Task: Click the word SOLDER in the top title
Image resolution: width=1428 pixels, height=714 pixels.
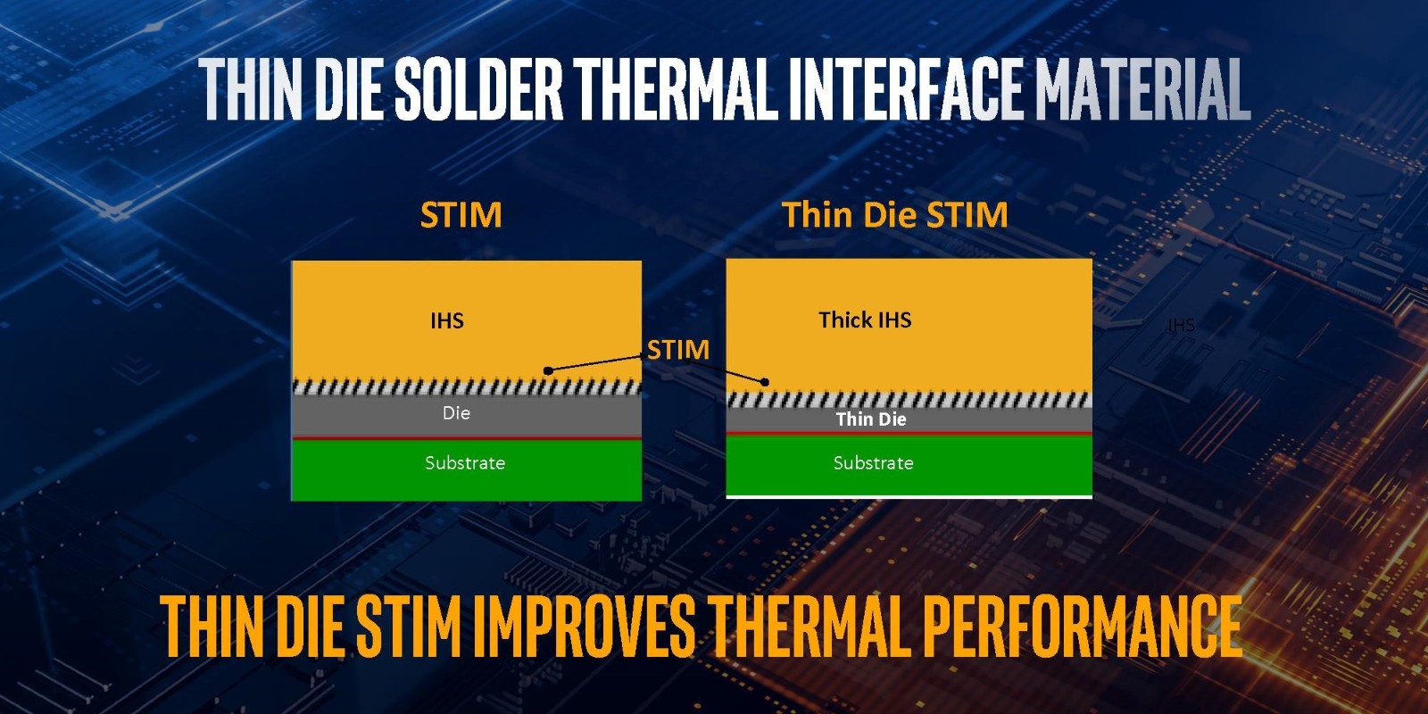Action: click(x=478, y=90)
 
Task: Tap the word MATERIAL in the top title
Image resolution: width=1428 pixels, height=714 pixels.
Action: click(x=1142, y=90)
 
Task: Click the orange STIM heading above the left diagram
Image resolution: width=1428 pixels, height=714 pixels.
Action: click(x=461, y=215)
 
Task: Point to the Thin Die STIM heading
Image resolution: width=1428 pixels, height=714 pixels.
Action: click(x=895, y=215)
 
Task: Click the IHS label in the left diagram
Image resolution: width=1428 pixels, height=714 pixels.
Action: click(x=447, y=320)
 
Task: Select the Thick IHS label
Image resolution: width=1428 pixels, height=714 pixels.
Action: click(x=865, y=320)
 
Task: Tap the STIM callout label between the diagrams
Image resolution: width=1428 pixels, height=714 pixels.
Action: click(x=678, y=350)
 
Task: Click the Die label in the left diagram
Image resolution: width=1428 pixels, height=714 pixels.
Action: click(x=456, y=413)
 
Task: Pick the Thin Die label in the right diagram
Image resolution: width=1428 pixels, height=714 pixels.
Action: click(x=871, y=419)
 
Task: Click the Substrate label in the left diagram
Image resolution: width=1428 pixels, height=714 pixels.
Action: click(x=465, y=463)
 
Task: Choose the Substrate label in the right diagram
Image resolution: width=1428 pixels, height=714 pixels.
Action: click(x=874, y=463)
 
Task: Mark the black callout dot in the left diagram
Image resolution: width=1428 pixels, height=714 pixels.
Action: click(x=548, y=370)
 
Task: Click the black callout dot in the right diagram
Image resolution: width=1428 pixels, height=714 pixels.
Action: click(x=765, y=382)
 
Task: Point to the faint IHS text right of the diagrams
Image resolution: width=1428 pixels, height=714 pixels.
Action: click(x=1181, y=325)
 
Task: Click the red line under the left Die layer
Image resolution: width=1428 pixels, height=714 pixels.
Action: click(x=467, y=438)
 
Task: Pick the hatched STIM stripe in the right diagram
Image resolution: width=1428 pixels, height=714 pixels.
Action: click(x=909, y=400)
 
